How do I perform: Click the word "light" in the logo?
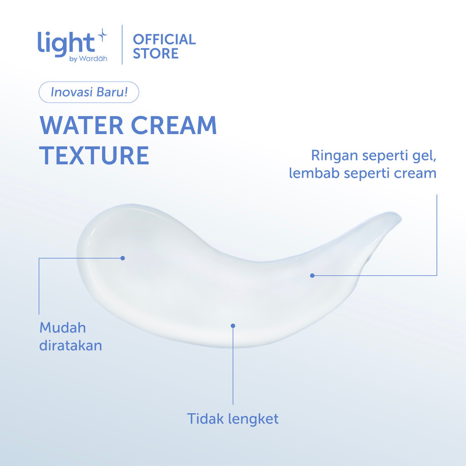point(66,44)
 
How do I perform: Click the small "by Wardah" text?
point(88,59)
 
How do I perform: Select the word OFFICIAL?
point(164,40)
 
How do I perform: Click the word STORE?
point(156,54)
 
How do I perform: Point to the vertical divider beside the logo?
point(122,45)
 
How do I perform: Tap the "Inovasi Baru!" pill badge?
point(89,92)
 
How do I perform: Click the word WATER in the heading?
point(81,125)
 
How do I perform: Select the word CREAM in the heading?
point(174,125)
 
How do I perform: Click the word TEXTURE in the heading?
point(94,156)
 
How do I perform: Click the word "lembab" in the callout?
point(314,173)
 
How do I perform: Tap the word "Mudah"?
point(63,328)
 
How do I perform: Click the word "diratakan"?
point(71,346)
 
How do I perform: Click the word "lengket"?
point(253,419)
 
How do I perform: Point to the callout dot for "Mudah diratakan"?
point(123,258)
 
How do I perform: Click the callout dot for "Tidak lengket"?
point(233,326)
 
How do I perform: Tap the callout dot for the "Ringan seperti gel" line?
point(312,275)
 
